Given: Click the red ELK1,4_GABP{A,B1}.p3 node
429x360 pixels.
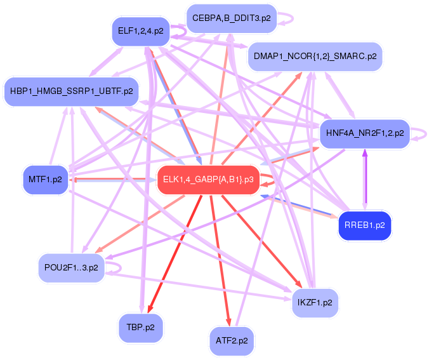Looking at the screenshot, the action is coord(208,180).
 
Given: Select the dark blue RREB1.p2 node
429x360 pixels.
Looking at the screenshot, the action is coord(364,225).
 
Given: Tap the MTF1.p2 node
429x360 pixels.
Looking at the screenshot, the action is coord(45,180).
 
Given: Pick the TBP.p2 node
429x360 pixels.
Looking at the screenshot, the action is coord(140,327).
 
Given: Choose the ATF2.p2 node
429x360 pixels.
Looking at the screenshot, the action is coord(231,340).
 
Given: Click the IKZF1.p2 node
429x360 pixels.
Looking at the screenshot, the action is coord(315,302).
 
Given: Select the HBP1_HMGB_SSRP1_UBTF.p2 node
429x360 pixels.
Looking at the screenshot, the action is coord(70,91).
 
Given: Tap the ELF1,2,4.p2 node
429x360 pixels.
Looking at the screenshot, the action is coord(140,30).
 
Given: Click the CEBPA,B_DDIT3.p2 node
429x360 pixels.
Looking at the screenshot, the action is coord(232,18).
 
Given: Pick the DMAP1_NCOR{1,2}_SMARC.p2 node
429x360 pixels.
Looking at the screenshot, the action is coord(315,56).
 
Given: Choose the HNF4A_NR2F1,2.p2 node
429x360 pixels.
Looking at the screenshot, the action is coord(365,133).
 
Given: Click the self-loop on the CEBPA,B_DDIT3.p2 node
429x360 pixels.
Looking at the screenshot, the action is coord(287,18).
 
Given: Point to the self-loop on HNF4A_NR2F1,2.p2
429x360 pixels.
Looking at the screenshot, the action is coord(421,133).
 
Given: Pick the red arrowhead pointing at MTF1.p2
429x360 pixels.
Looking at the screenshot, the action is coord(75,179).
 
